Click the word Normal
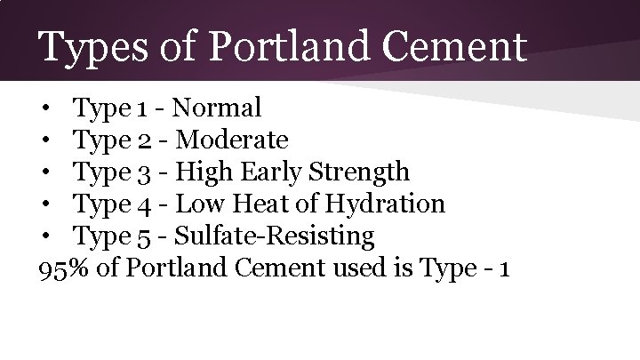(x=217, y=108)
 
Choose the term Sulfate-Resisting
(x=274, y=236)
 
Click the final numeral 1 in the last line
(x=504, y=268)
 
